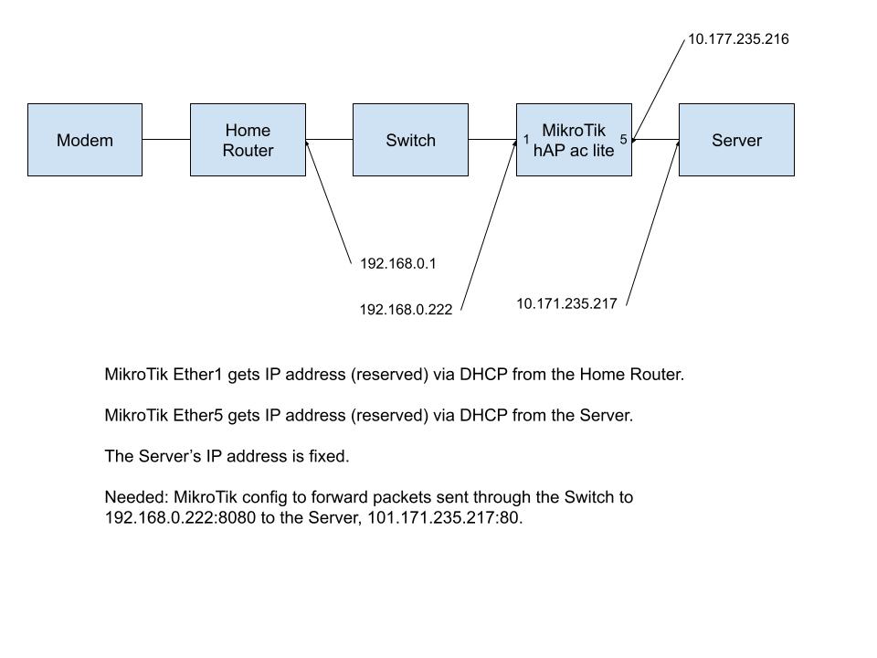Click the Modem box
click(85, 140)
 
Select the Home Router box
click(248, 140)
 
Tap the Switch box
click(410, 140)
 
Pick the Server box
click(736, 140)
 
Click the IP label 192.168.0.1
click(398, 264)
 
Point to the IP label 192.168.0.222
click(406, 310)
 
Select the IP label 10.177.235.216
click(738, 39)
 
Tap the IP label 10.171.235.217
click(566, 303)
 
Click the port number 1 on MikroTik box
click(526, 140)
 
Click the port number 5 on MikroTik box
click(623, 140)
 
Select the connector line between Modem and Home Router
click(166, 140)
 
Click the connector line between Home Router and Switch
click(329, 140)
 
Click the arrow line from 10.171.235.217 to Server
click(654, 219)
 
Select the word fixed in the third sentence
click(328, 456)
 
